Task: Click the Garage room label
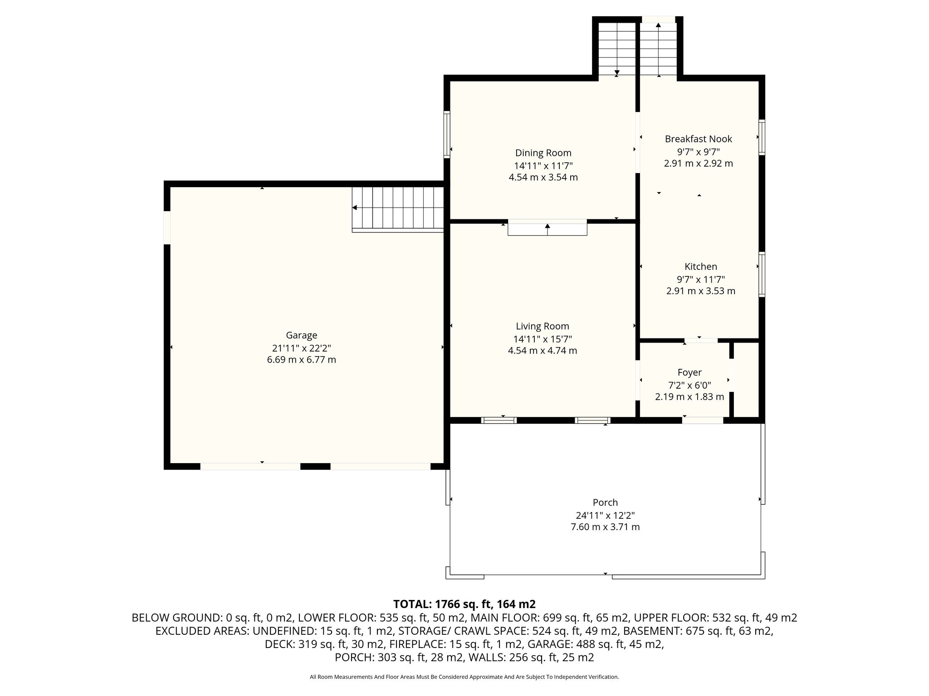pos(301,335)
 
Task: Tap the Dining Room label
pos(543,153)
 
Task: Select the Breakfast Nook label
pos(698,139)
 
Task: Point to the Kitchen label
pos(700,267)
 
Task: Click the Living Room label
pos(542,326)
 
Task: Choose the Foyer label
pos(689,372)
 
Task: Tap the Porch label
pos(605,503)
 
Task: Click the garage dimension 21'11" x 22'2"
pos(301,348)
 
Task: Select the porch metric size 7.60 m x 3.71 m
pos(605,527)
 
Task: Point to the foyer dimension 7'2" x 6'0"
pos(689,385)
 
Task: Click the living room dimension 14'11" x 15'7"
pos(542,339)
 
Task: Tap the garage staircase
pos(397,209)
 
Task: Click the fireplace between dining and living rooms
pos(547,227)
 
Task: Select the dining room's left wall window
pos(447,134)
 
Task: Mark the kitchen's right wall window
pos(762,275)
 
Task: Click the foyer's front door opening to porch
pos(703,420)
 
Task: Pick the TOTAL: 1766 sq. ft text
pos(464,604)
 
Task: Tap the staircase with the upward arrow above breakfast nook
pos(658,48)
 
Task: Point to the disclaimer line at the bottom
pos(464,677)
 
